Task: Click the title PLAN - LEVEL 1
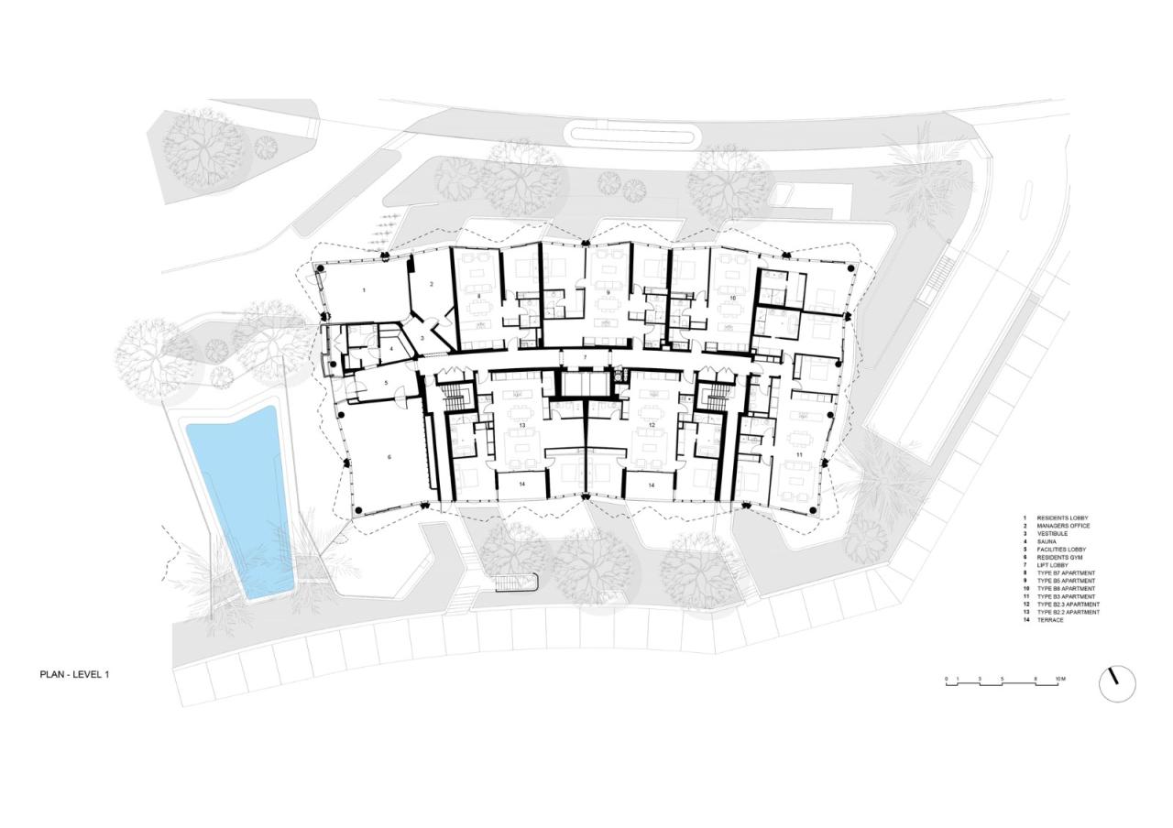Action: [x=74, y=674]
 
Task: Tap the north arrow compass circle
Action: [x=1116, y=683]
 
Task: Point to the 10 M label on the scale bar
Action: [x=1059, y=679]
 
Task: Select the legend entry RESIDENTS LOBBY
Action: [x=1062, y=518]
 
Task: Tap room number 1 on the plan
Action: [x=364, y=289]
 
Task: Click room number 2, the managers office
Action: [x=431, y=285]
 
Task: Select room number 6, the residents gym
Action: [x=389, y=456]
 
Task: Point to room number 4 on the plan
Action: [x=391, y=349]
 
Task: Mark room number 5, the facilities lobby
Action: [x=386, y=383]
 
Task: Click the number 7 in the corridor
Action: [x=584, y=355]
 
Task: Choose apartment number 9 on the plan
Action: [x=608, y=293]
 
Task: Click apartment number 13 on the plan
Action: [x=522, y=426]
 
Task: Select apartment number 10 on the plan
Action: [x=732, y=299]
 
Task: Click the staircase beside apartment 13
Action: [x=455, y=398]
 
